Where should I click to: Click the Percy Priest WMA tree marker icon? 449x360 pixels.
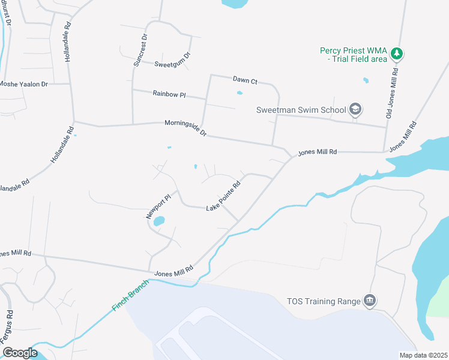tap(396, 54)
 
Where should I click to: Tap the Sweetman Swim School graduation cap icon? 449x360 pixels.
tap(355, 109)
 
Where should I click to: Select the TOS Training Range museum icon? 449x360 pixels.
tap(370, 301)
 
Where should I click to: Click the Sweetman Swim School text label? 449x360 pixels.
tap(301, 110)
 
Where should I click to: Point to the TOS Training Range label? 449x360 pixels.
tap(322, 301)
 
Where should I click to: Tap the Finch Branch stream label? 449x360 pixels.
tap(128, 298)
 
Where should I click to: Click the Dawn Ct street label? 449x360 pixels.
tap(245, 80)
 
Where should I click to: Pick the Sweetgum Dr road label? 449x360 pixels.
tap(172, 60)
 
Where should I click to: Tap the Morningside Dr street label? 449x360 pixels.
tap(185, 128)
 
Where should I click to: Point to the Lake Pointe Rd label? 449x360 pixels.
tap(223, 196)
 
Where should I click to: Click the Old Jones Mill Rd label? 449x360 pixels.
tap(392, 95)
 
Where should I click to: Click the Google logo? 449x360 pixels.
tap(20, 353)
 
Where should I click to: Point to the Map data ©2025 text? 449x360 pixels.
tap(423, 355)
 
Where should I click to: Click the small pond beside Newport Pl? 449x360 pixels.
tap(159, 221)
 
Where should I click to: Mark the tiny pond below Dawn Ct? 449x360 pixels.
tap(240, 93)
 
